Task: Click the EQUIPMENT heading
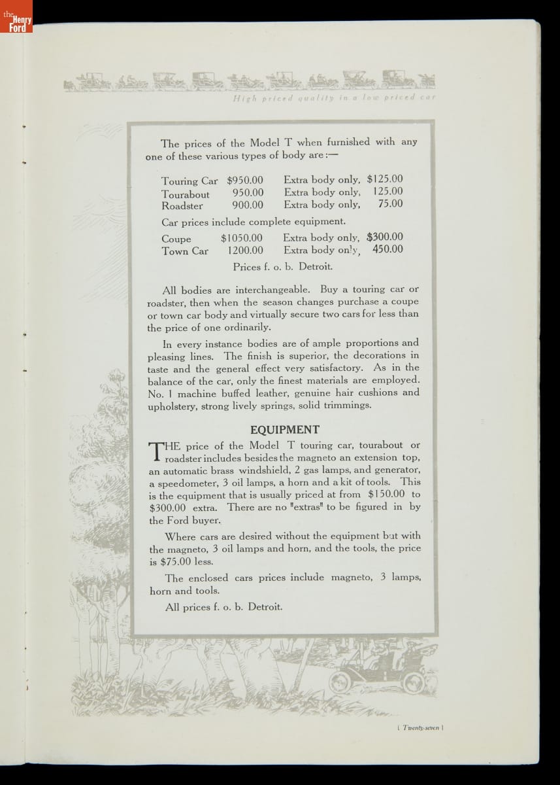(285, 430)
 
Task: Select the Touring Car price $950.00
(245, 180)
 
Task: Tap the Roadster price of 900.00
(248, 205)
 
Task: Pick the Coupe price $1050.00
(242, 238)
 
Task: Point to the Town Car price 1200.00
(246, 251)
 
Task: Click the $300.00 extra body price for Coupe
(385, 237)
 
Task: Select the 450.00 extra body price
(387, 249)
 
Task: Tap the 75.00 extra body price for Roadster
(390, 204)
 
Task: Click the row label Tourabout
(186, 194)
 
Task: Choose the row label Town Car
(185, 251)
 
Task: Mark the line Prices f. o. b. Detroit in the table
(282, 266)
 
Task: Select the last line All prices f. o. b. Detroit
(223, 607)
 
